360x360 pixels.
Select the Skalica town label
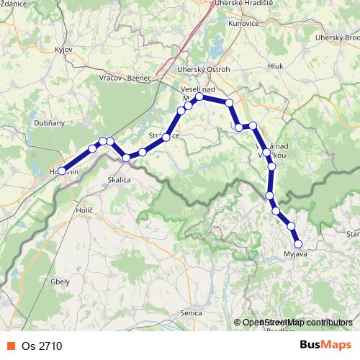click(x=119, y=180)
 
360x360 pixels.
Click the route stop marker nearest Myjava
click(x=298, y=243)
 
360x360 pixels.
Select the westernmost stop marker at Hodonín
click(x=63, y=171)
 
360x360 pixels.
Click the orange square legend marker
click(x=10, y=346)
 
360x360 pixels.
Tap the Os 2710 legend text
click(x=42, y=346)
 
